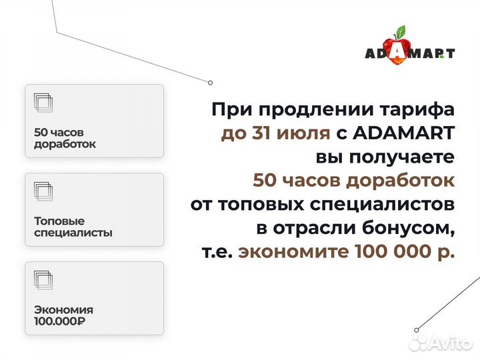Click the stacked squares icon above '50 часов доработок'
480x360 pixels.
(x=43, y=103)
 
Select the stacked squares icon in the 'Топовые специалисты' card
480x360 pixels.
(x=43, y=191)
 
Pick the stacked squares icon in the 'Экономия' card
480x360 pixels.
(x=43, y=280)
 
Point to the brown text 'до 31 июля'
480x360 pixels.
(x=275, y=133)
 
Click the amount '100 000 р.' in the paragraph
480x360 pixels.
(x=405, y=252)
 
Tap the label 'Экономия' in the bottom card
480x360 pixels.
(x=63, y=310)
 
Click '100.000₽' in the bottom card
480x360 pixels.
(x=59, y=321)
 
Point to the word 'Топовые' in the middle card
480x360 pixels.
(x=59, y=221)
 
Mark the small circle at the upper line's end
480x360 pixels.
(x=210, y=83)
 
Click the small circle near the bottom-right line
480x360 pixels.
(x=416, y=329)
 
